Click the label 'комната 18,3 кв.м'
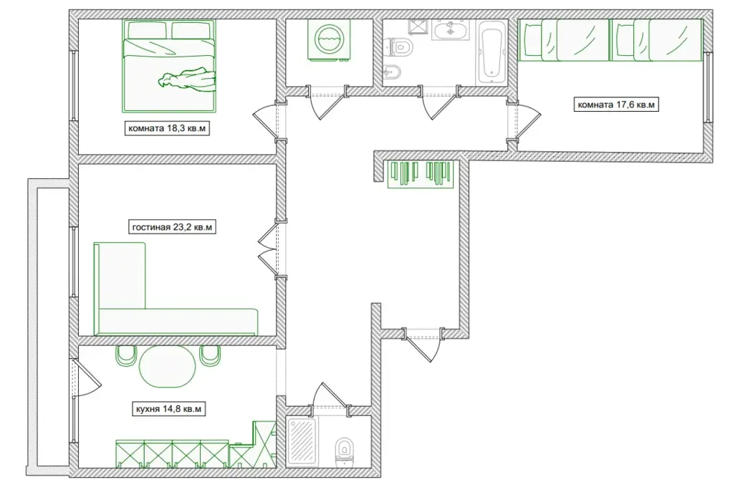(167, 128)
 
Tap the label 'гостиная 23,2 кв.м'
(172, 228)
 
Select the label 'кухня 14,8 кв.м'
(168, 409)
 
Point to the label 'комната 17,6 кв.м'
(616, 104)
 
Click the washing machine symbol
(330, 40)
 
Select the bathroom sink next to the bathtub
(450, 30)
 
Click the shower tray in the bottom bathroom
(302, 442)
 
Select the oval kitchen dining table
(168, 366)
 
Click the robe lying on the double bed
(187, 80)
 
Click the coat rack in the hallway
(421, 173)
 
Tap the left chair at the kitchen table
(126, 355)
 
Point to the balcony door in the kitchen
(86, 377)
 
